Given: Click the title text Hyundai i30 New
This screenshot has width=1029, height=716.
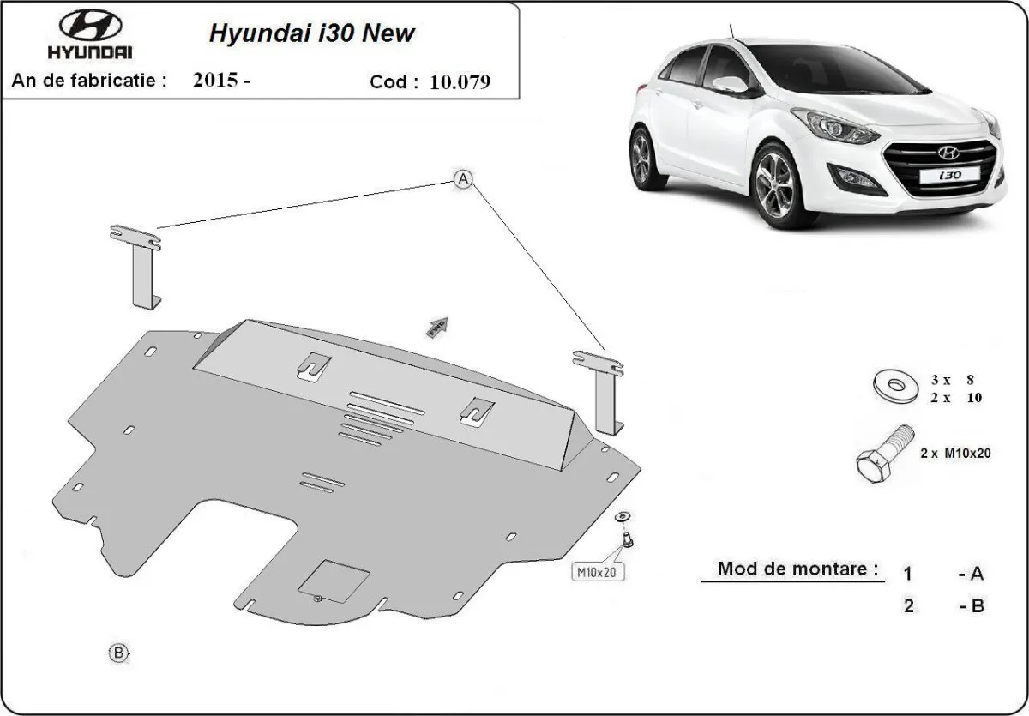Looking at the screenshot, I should (312, 33).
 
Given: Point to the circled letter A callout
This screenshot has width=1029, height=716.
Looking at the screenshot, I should (463, 179).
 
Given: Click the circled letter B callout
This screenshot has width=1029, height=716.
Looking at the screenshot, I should (118, 653).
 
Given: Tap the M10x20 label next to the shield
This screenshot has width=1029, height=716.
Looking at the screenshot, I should (598, 571).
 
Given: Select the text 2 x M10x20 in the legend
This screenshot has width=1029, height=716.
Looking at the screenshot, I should (955, 454).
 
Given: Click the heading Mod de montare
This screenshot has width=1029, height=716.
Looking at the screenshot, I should (797, 569).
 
